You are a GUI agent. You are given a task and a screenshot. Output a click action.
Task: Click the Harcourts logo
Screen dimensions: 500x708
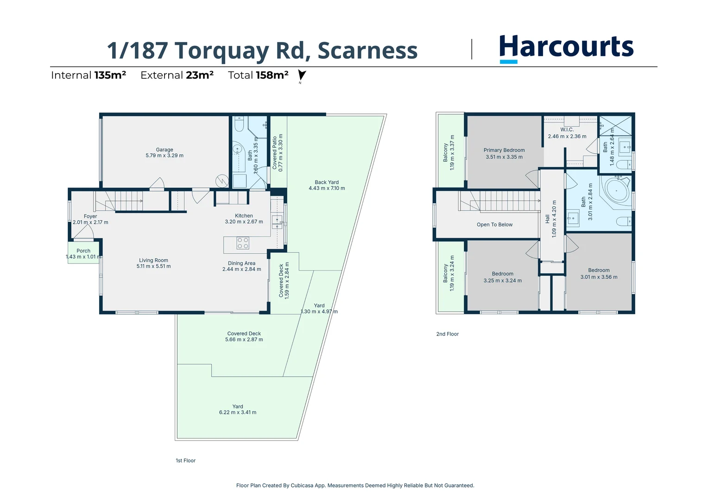(x=566, y=48)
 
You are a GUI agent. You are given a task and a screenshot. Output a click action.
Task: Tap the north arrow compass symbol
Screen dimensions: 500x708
(x=302, y=75)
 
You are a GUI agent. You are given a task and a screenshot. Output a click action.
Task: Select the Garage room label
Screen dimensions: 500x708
(x=164, y=150)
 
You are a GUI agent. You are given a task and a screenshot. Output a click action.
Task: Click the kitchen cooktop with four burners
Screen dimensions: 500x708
(x=243, y=243)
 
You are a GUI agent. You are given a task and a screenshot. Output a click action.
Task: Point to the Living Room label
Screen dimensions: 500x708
(x=153, y=260)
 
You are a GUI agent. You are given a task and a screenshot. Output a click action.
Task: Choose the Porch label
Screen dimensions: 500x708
(x=83, y=251)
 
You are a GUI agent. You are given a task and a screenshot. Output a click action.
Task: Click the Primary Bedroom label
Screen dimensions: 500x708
(x=504, y=150)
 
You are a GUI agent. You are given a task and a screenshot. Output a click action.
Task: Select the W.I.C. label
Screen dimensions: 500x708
(x=567, y=130)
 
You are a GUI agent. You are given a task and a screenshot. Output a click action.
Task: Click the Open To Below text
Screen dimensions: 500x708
(x=494, y=225)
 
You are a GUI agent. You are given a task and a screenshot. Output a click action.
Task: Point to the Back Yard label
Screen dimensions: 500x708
(x=327, y=182)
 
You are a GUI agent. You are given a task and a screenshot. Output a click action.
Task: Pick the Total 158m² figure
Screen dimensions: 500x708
(x=258, y=75)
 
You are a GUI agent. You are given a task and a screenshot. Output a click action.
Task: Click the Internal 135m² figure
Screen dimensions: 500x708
(x=88, y=75)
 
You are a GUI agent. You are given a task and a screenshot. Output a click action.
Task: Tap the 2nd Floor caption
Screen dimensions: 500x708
(x=447, y=334)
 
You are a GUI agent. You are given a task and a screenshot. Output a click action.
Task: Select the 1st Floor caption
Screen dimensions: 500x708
(x=185, y=461)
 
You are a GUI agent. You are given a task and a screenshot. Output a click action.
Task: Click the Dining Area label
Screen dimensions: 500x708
(x=241, y=263)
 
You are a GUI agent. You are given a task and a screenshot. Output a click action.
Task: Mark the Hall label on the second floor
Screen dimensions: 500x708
(x=547, y=219)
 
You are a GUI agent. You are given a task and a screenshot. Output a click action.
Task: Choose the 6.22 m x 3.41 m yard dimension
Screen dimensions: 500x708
(x=238, y=412)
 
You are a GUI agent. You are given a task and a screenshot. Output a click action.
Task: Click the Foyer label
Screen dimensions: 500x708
(x=90, y=216)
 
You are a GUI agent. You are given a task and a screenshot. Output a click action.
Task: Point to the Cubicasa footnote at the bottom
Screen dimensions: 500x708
(x=355, y=486)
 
